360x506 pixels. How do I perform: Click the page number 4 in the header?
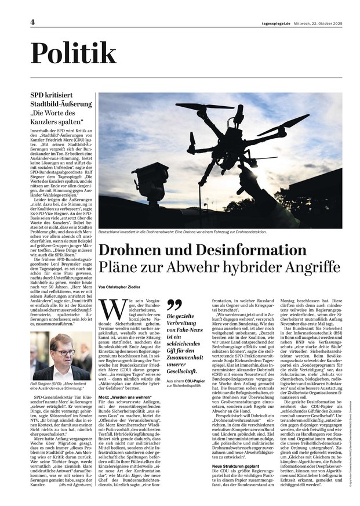[32, 23]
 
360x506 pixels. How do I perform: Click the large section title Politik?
[73, 53]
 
